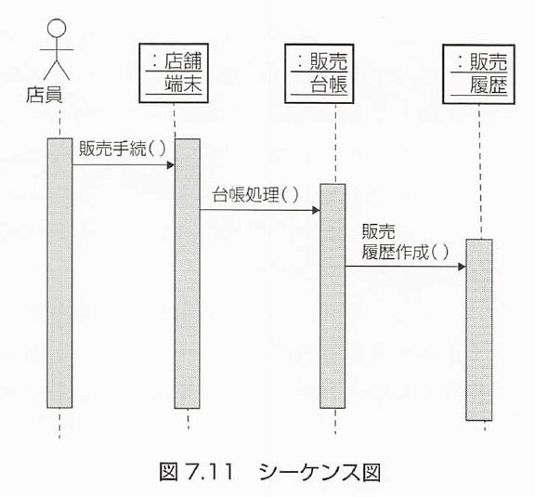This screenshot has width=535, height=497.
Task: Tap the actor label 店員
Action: tap(45, 95)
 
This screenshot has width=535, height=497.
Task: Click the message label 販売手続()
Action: tap(123, 149)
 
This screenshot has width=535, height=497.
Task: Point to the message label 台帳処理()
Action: tap(255, 194)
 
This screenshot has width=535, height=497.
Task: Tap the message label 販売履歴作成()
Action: tap(405, 242)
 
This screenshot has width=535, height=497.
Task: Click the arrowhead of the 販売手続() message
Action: tap(170, 165)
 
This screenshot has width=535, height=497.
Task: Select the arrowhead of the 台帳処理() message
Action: tap(316, 210)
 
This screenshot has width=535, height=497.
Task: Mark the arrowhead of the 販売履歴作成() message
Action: tap(462, 267)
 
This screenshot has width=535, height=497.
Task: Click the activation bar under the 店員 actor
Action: tap(59, 273)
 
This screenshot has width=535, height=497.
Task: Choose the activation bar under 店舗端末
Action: tap(188, 273)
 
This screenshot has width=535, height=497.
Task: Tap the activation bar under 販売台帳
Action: tap(333, 296)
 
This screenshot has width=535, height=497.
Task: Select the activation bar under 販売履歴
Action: tap(479, 330)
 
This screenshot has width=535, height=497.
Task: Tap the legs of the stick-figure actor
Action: tap(57, 70)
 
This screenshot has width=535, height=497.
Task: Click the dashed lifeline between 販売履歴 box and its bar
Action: tap(479, 172)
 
